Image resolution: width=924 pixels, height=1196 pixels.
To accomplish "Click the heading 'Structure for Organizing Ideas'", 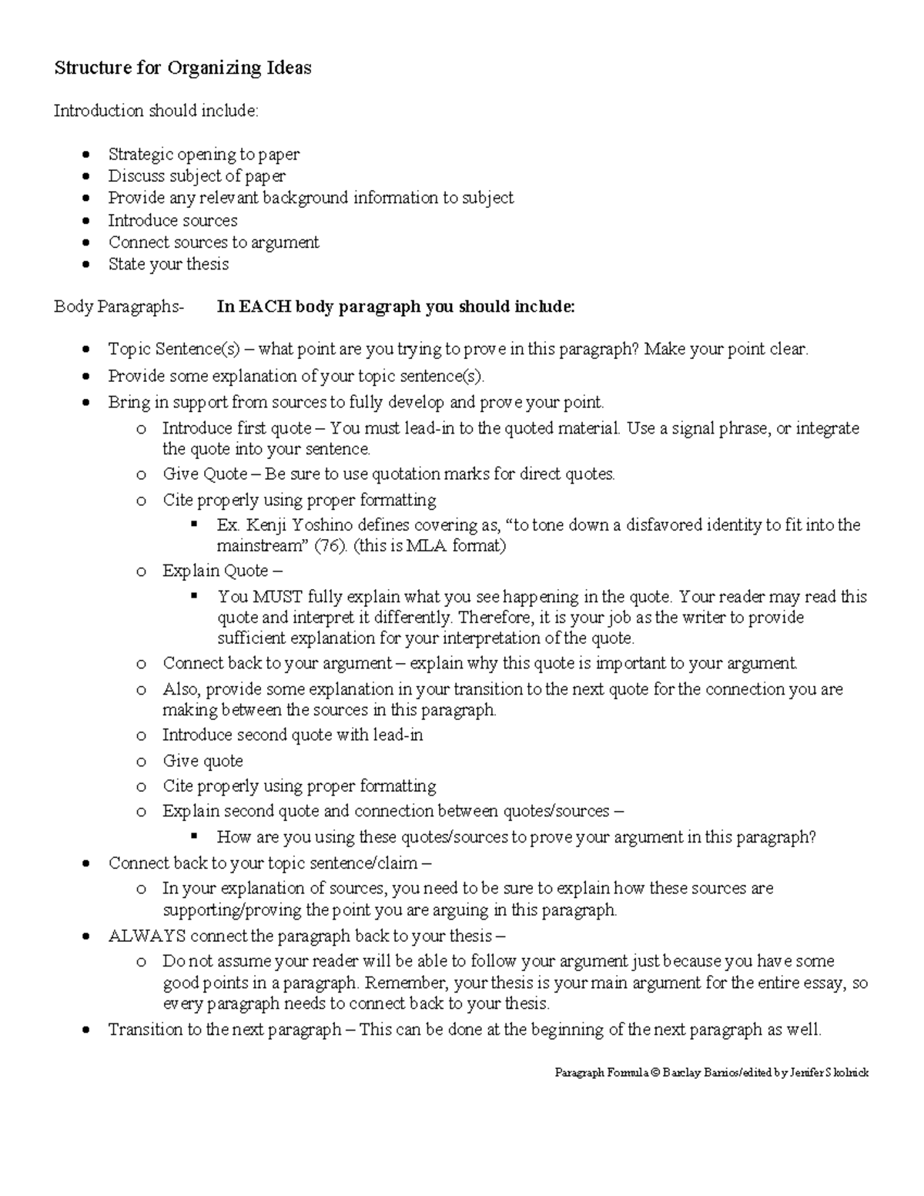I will (182, 68).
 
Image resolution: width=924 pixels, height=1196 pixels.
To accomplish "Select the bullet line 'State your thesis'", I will (168, 264).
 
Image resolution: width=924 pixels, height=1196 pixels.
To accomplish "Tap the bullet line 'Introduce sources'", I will (172, 220).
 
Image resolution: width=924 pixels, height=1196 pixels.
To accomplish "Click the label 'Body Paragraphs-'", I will (119, 307).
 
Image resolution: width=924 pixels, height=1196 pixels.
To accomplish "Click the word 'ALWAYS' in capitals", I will (146, 936).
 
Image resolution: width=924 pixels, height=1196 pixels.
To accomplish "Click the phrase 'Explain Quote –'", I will (222, 571).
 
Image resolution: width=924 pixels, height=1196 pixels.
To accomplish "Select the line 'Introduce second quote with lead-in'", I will (292, 735).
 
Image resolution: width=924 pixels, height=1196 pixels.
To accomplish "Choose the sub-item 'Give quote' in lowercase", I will (203, 761).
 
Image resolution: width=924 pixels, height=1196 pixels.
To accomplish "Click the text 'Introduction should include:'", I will (156, 111).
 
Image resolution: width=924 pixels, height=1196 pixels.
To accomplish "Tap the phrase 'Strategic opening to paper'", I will (203, 154).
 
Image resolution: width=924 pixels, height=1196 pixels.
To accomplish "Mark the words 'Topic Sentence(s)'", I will (174, 350).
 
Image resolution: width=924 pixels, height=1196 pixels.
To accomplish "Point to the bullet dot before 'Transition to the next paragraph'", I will (87, 1030).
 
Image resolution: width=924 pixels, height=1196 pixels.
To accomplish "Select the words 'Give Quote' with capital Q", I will (205, 474).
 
